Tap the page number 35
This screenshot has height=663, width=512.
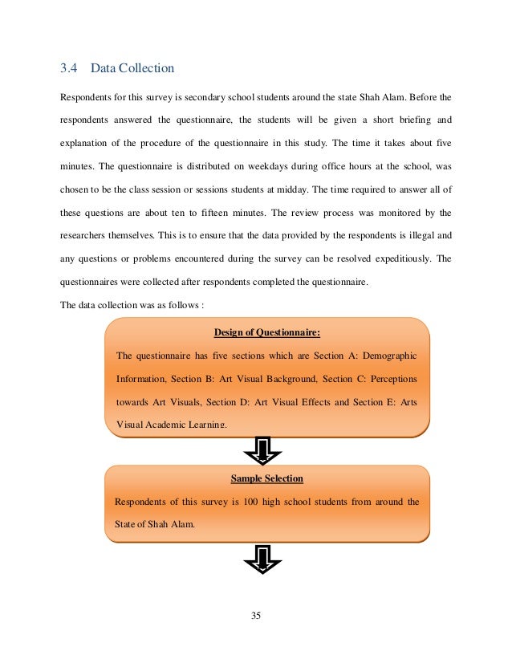point(256,616)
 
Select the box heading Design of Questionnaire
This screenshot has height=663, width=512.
point(267,332)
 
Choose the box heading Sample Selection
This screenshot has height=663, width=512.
point(267,478)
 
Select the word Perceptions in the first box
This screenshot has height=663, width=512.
point(390,378)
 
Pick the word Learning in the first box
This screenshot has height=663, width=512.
point(207,423)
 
